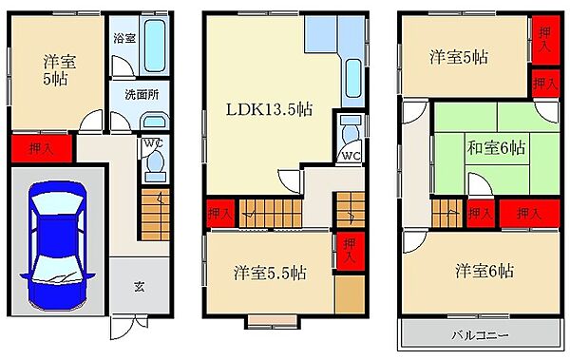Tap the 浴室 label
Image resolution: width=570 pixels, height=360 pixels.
pyautogui.click(x=124, y=38)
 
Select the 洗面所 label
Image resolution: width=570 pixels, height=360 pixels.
pyautogui.click(x=142, y=95)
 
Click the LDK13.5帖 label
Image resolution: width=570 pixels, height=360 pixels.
pyautogui.click(x=269, y=108)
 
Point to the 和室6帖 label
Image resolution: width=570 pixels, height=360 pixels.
pyautogui.click(x=496, y=148)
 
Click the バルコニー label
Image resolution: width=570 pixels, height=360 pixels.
pyautogui.click(x=480, y=335)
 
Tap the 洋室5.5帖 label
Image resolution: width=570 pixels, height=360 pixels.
pyautogui.click(x=270, y=273)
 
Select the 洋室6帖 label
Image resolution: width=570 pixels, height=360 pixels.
pyautogui.click(x=484, y=271)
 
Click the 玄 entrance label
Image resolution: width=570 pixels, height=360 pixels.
pyautogui.click(x=140, y=287)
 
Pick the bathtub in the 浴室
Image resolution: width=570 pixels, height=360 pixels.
pyautogui.click(x=155, y=46)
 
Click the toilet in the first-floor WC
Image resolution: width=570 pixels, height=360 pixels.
pyautogui.click(x=156, y=165)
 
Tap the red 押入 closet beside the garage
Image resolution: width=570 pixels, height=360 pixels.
pyautogui.click(x=42, y=149)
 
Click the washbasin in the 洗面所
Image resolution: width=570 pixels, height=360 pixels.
pyautogui.click(x=155, y=120)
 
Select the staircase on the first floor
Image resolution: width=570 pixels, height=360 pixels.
pyautogui.click(x=155, y=215)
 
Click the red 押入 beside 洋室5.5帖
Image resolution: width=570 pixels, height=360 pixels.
pyautogui.click(x=350, y=252)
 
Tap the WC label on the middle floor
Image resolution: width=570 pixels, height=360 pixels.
pyautogui.click(x=351, y=157)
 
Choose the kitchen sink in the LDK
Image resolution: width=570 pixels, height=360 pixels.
pyautogui.click(x=353, y=78)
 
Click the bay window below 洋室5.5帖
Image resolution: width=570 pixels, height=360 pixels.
pyautogui.click(x=273, y=322)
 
